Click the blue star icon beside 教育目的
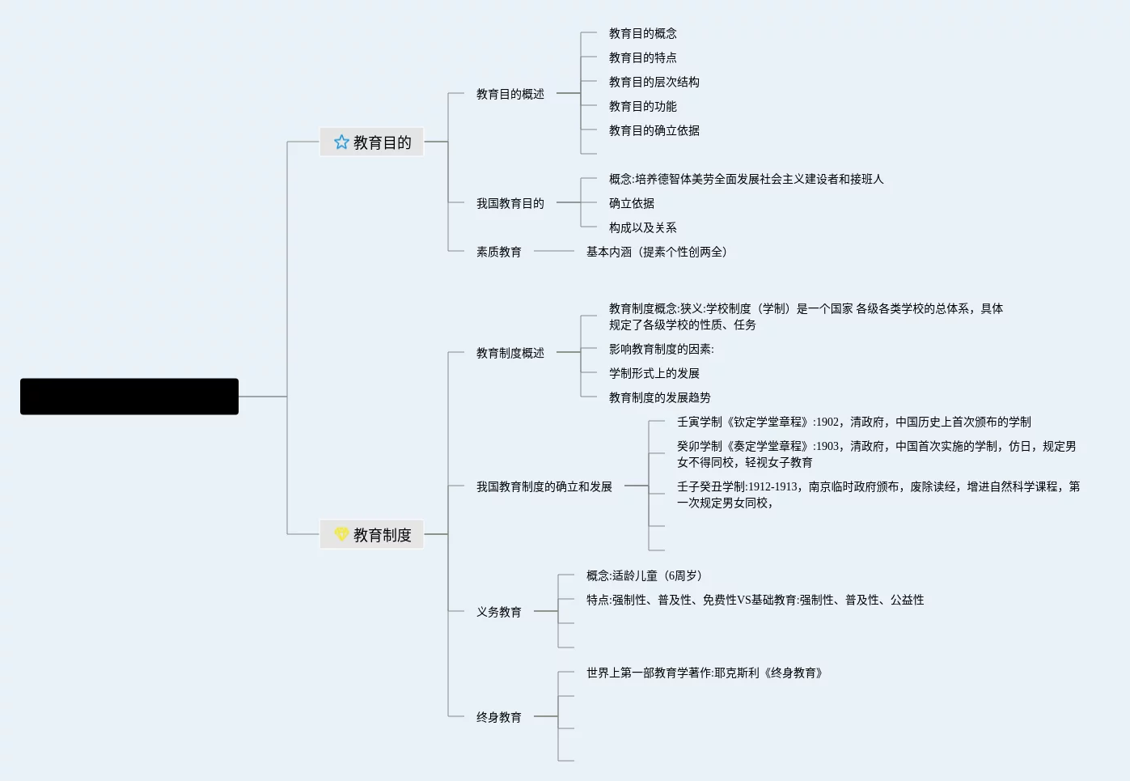(341, 142)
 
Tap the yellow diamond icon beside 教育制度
(341, 534)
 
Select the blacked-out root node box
(129, 397)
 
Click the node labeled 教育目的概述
(510, 94)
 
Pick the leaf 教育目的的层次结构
(654, 82)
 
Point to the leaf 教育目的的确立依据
(654, 130)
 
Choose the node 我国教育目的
(510, 203)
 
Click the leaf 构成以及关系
(642, 227)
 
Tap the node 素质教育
(498, 252)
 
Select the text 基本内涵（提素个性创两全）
(656, 252)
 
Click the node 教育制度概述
(510, 353)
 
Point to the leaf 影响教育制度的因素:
(661, 349)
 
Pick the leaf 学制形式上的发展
(654, 373)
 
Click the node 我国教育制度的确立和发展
(544, 486)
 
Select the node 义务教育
(498, 612)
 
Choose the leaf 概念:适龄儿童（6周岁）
(643, 575)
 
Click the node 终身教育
(498, 717)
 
